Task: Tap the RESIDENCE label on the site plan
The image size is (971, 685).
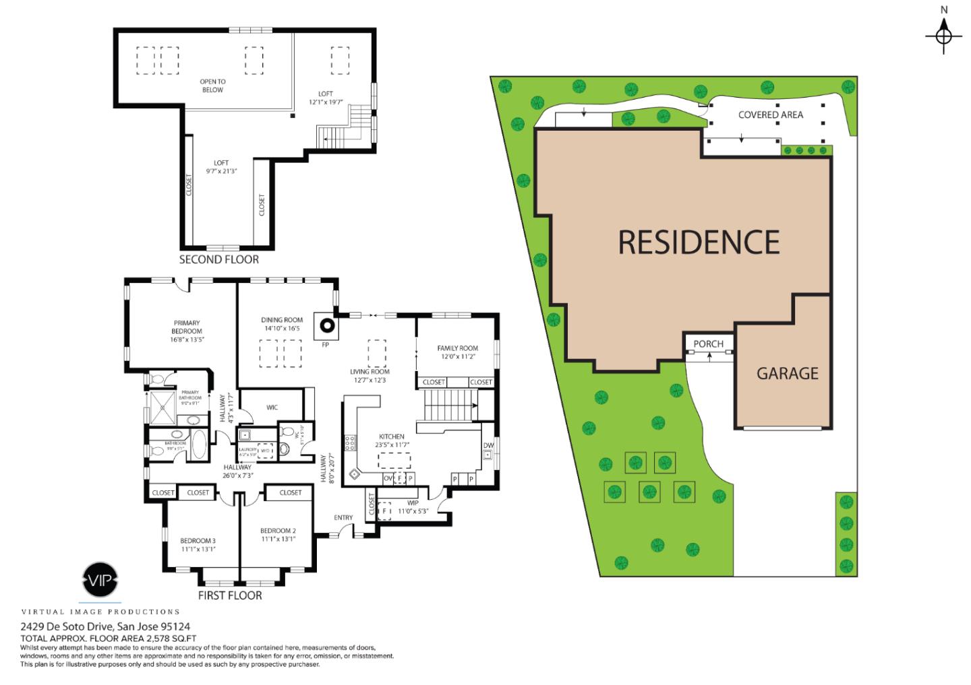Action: tap(699, 242)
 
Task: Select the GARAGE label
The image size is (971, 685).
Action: tap(787, 373)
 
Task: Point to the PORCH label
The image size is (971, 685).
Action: tap(708, 344)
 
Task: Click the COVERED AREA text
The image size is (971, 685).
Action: tap(770, 115)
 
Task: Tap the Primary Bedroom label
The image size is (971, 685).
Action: tap(187, 327)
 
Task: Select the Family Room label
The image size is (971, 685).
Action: tap(457, 348)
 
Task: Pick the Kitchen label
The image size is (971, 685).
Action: tap(391, 436)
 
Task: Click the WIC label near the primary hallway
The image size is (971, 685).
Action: tap(272, 407)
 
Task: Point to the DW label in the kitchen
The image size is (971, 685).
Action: tap(488, 445)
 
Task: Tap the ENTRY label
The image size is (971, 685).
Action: tap(343, 517)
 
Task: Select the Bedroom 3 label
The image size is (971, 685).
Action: tap(198, 540)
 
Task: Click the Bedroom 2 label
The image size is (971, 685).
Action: tap(278, 531)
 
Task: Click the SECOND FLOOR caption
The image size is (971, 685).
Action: tap(218, 259)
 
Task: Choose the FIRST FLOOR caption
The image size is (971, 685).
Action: tap(229, 595)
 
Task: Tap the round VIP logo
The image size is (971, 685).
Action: tap(100, 579)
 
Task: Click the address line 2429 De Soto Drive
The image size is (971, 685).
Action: tap(105, 626)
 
